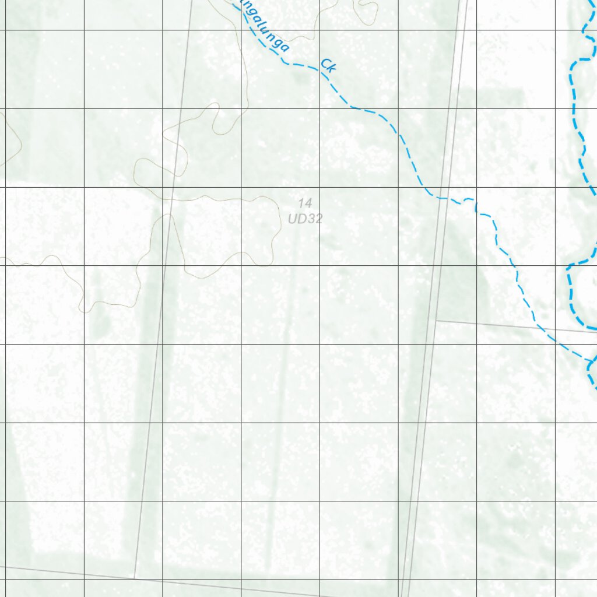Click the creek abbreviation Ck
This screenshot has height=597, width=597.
coord(329,66)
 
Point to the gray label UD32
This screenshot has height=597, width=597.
coord(305,219)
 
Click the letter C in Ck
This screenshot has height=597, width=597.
coord(325,64)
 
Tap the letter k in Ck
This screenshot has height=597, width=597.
coord(332,69)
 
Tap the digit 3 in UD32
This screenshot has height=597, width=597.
coord(310,219)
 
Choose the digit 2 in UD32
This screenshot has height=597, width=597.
coord(318,219)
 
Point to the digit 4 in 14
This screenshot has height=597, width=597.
coord(308,203)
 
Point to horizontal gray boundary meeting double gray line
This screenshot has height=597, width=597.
coord(436,321)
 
